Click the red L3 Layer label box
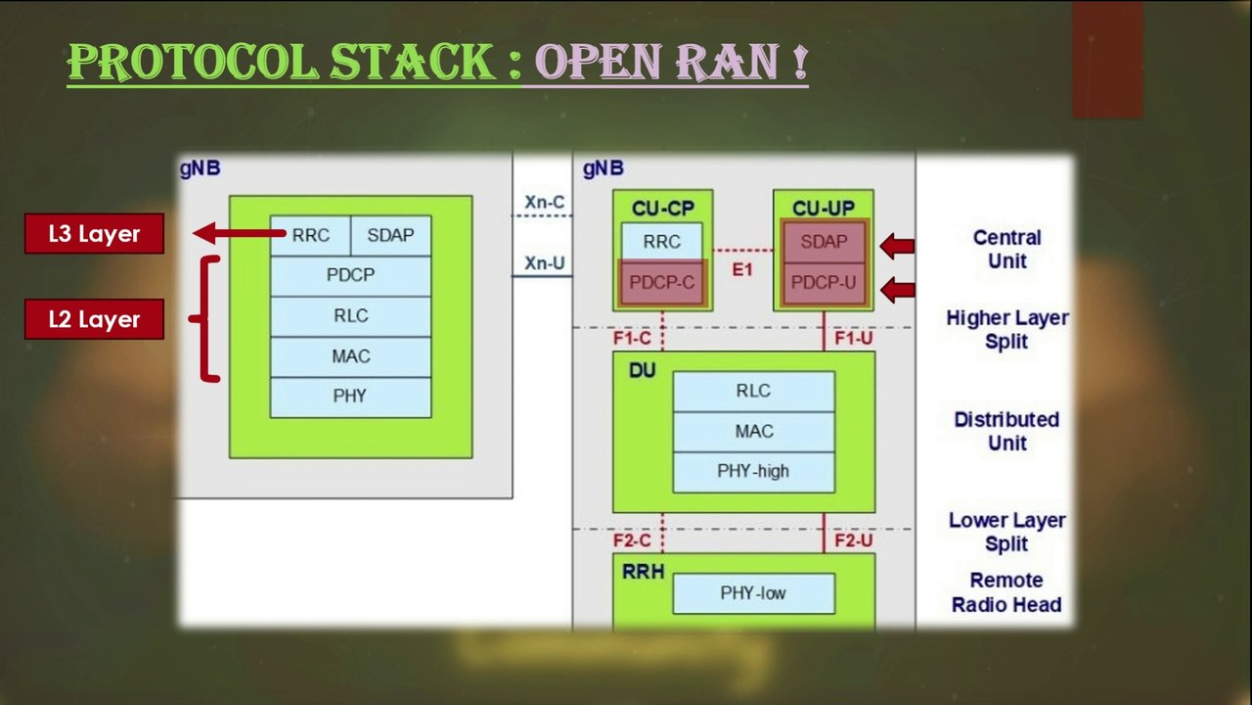coord(94,234)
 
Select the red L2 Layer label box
coord(94,319)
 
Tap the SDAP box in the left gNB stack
coord(389,236)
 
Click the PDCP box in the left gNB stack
coord(350,276)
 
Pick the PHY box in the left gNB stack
coord(350,397)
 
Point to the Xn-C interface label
coord(544,203)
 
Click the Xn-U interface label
coord(544,262)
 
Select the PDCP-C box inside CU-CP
coord(662,283)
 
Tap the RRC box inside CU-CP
coord(662,242)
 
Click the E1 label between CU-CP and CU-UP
coord(742,268)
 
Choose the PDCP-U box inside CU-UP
coord(823,283)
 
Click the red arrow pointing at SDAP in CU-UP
coord(898,245)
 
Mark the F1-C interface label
coord(632,339)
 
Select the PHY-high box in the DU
coord(753,471)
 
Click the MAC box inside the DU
coord(753,431)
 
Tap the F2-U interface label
coord(853,540)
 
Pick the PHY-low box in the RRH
coord(753,593)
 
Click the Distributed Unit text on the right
coord(1006,431)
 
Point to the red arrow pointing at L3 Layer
coord(240,233)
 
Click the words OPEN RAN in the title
coord(665,63)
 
